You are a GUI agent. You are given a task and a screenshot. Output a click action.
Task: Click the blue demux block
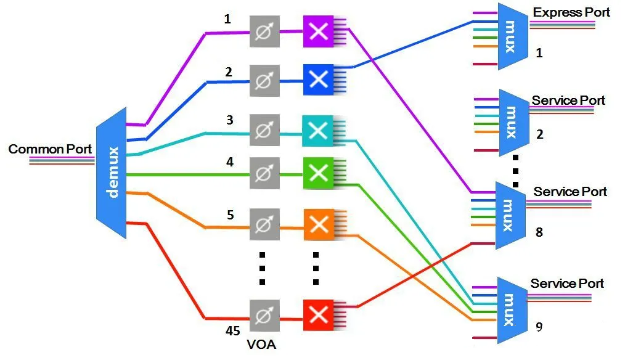point(111,173)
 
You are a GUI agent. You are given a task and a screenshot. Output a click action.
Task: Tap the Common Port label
point(50,149)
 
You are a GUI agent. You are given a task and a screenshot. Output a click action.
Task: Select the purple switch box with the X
point(318,31)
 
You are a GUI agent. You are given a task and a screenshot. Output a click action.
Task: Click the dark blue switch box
point(318,80)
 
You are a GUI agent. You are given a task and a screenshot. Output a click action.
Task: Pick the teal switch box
point(317,131)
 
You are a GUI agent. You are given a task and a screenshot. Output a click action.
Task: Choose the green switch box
point(318,173)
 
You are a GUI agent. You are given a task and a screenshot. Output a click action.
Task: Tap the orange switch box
point(319,224)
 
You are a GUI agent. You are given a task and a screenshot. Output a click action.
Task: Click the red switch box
point(319,315)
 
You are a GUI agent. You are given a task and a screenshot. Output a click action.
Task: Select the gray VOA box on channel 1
point(264,31)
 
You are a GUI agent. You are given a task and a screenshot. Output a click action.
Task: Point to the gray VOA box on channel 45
point(264,316)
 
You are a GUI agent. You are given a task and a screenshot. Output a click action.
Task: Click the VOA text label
point(261,344)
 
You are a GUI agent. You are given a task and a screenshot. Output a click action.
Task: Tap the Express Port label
point(571,12)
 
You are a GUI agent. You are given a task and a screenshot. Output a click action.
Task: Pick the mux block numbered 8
point(510,216)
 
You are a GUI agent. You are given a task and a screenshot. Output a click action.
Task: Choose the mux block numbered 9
point(512,310)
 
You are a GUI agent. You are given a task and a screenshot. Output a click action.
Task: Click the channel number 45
point(233,331)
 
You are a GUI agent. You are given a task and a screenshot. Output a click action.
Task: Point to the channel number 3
point(229,120)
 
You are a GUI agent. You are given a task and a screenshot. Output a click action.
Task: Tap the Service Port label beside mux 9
point(567,284)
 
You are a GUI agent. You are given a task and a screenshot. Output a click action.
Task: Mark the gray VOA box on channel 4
point(264,173)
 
